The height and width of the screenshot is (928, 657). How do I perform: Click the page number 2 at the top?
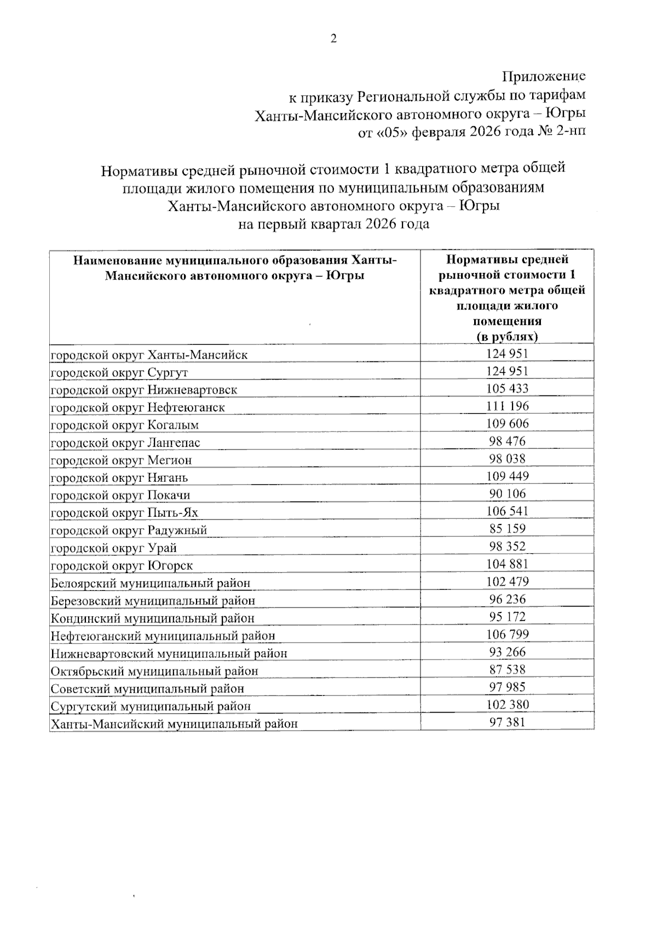pyautogui.click(x=333, y=38)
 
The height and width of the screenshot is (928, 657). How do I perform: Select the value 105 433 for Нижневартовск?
pyautogui.click(x=507, y=389)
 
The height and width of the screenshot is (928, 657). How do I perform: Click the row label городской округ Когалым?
pyautogui.click(x=125, y=425)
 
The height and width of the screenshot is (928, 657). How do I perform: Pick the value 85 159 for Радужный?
pyautogui.click(x=507, y=529)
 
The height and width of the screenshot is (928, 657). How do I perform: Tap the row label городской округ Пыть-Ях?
pyautogui.click(x=124, y=512)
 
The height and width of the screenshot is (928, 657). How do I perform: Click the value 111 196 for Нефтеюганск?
pyautogui.click(x=507, y=406)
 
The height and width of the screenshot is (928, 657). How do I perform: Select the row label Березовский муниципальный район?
pyautogui.click(x=153, y=600)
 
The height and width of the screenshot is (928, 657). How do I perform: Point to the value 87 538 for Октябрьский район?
pyautogui.click(x=507, y=669)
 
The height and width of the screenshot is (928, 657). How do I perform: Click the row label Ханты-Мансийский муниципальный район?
pyautogui.click(x=174, y=723)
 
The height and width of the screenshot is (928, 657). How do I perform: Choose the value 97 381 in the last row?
pyautogui.click(x=507, y=722)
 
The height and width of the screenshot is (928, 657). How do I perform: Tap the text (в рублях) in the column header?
pyautogui.click(x=507, y=336)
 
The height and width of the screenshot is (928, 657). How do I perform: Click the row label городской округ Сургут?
pyautogui.click(x=119, y=372)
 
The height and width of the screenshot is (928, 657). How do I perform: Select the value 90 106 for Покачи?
pyautogui.click(x=507, y=494)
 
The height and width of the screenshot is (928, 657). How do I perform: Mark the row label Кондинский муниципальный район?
pyautogui.click(x=153, y=618)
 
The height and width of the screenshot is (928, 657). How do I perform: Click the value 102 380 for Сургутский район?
pyautogui.click(x=507, y=704)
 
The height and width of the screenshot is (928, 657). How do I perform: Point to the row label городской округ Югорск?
pyautogui.click(x=122, y=565)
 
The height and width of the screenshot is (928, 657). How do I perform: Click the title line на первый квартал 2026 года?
pyautogui.click(x=333, y=224)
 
